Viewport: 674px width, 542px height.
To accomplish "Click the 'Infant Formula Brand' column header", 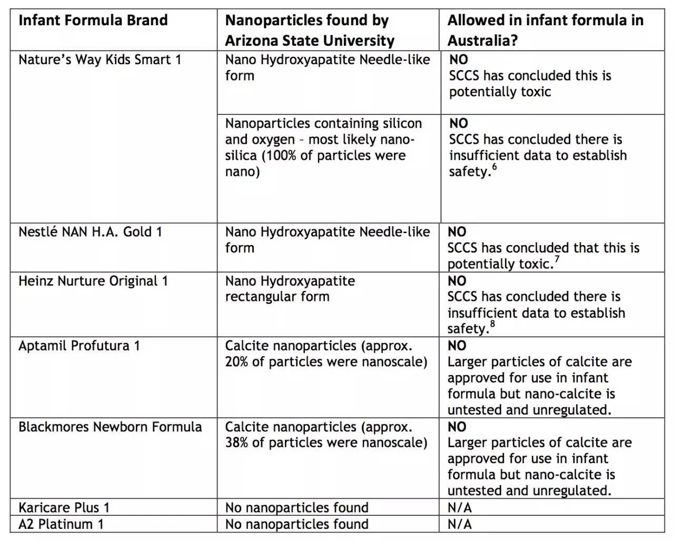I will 93,21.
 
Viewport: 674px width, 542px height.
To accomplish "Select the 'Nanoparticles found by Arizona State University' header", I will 310,30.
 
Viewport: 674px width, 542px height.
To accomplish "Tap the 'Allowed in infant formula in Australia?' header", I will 545,30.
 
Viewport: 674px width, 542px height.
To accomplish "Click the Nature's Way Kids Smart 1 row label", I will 100,59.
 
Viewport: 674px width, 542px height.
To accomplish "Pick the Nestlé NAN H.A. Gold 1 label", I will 90,232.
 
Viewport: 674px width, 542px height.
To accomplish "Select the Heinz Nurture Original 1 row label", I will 93,281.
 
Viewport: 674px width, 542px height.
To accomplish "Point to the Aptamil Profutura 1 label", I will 79,346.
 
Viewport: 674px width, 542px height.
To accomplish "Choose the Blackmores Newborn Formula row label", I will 110,426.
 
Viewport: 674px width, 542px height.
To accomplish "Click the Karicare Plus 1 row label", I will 64,507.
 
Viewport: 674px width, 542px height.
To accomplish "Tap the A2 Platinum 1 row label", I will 61,524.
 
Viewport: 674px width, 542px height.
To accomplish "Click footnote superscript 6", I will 494,167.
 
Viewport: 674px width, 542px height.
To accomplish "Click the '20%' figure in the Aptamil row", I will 237,362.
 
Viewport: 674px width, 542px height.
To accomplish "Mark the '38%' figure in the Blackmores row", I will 237,443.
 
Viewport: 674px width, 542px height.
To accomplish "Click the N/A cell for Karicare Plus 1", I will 459,507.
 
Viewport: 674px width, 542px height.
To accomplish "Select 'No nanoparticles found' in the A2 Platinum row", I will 296,524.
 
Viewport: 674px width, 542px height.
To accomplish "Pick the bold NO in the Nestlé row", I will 457,232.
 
